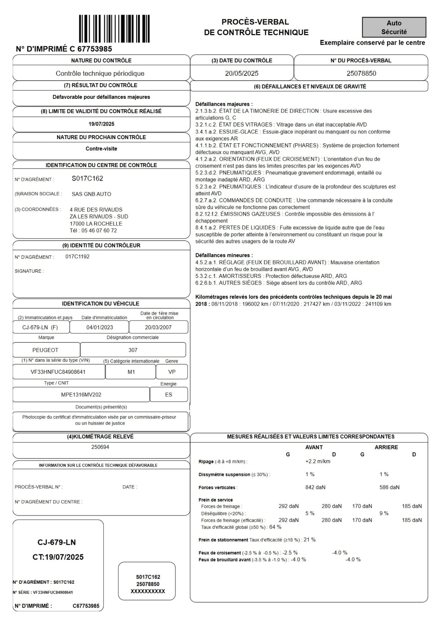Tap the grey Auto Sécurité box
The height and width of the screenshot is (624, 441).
[394, 27]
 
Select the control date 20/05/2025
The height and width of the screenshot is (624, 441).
[242, 73]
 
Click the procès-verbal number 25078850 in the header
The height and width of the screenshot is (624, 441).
[361, 73]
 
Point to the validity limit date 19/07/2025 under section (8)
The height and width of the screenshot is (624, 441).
[101, 124]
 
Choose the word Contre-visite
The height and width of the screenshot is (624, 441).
[101, 149]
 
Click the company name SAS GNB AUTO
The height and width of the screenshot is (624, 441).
[91, 194]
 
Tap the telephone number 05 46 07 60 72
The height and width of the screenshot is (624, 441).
[99, 231]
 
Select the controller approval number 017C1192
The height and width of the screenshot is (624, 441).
[77, 257]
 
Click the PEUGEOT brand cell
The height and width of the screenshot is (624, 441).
[45, 350]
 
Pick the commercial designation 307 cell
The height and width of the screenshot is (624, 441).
[133, 350]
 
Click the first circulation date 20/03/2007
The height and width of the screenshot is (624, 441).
[158, 327]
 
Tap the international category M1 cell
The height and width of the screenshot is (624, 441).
[131, 372]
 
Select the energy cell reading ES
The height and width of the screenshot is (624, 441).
[169, 395]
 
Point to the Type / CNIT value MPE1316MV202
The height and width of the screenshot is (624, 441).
[81, 395]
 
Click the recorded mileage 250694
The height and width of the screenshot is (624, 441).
[100, 447]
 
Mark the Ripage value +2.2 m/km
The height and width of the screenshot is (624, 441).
[318, 461]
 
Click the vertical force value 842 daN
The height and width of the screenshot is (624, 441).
[315, 487]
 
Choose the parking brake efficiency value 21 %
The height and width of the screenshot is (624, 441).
[310, 540]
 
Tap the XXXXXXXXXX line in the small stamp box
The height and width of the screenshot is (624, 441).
[148, 591]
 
